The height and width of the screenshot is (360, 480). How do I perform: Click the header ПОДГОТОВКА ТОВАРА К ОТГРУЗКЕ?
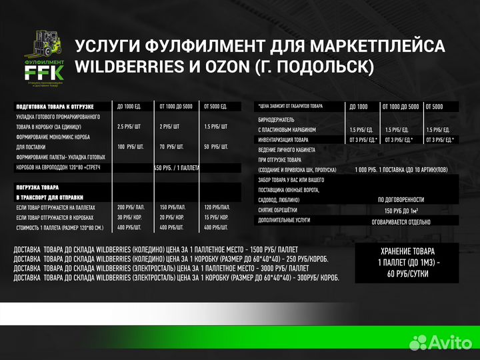click(54, 107)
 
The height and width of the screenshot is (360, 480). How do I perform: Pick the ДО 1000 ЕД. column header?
click(129, 107)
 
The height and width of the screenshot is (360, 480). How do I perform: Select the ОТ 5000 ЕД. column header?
click(216, 107)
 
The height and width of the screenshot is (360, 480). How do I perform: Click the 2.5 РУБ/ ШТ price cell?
click(129, 126)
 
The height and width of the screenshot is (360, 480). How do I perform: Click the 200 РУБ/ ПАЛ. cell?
click(131, 208)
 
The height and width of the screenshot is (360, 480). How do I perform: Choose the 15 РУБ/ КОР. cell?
click(216, 217)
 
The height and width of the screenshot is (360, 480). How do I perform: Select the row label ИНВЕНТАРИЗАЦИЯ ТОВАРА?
click(283, 139)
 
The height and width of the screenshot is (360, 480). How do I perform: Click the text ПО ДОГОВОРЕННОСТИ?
click(401, 199)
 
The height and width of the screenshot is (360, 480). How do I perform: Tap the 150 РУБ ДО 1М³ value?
click(401, 209)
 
